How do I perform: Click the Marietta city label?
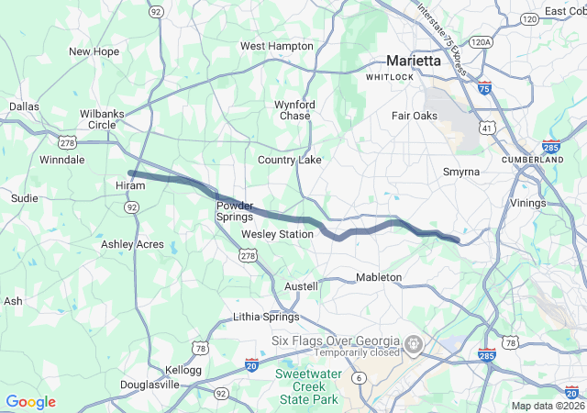[413, 61]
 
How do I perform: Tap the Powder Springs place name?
[235, 211]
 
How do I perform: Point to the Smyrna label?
[461, 172]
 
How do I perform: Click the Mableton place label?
[379, 277]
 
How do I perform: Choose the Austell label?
[301, 286]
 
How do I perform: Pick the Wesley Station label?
[277, 234]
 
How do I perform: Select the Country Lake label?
[289, 160]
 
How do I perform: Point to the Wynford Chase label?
[293, 110]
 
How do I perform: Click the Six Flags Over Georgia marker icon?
[414, 343]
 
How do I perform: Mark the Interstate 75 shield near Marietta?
[483, 89]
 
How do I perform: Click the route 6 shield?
[360, 378]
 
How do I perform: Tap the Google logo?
[30, 402]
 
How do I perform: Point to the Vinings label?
[528, 203]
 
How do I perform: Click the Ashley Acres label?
[132, 245]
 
